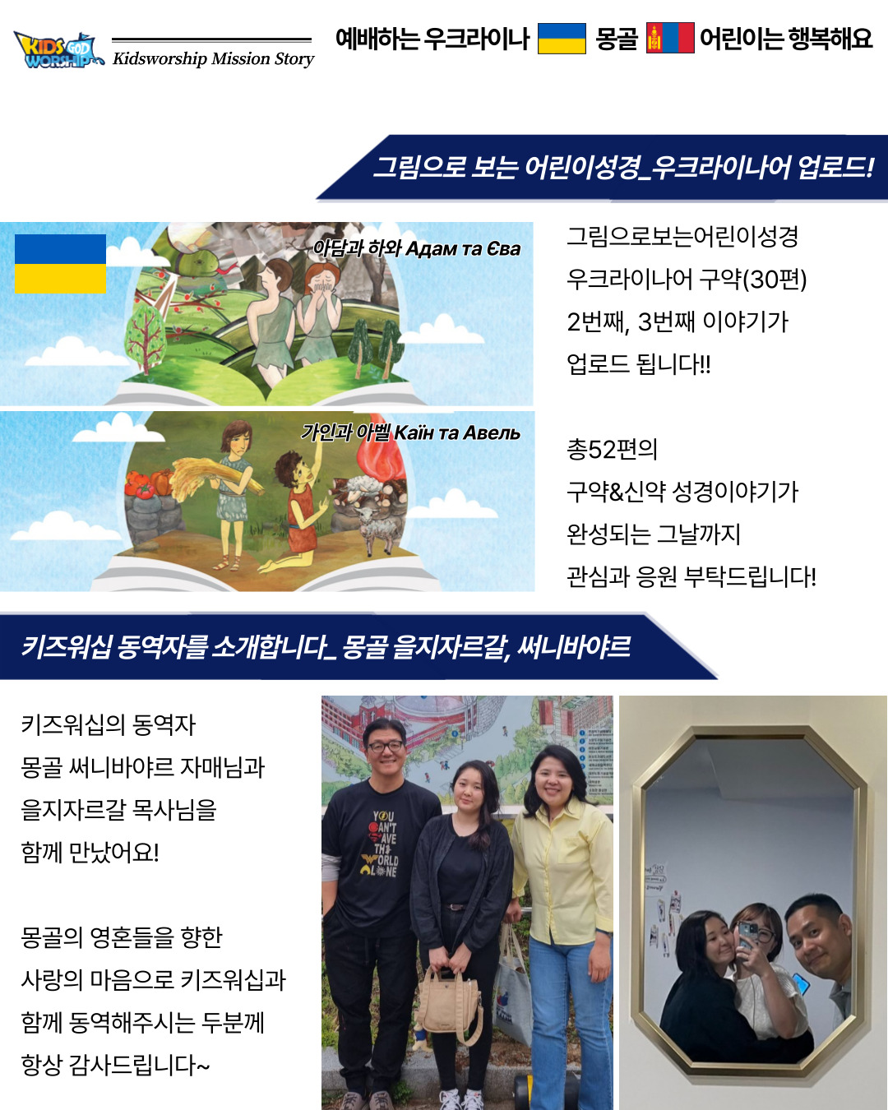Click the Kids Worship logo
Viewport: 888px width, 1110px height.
point(57,50)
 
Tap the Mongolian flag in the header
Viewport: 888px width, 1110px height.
point(670,38)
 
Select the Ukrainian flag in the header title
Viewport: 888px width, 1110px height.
point(562,38)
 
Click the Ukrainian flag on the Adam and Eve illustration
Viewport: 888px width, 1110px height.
point(60,264)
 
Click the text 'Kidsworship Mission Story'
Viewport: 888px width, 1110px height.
point(213,59)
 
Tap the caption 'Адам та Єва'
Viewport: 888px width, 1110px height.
point(463,249)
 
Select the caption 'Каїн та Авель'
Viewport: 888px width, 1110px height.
point(457,432)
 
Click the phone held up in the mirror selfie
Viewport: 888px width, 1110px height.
point(747,934)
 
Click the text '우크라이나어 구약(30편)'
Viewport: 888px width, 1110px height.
point(687,279)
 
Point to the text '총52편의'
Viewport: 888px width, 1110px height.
point(612,449)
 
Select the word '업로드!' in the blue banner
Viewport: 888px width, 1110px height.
point(835,168)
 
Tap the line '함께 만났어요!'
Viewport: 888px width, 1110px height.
point(90,852)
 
